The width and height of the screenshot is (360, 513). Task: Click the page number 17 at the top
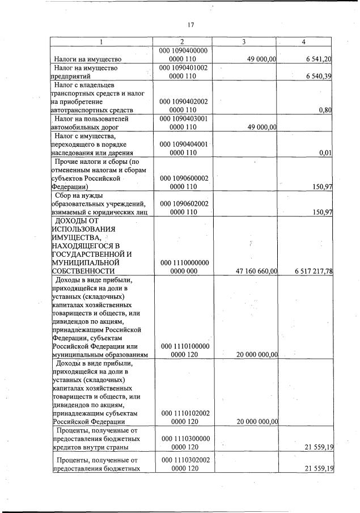point(190,24)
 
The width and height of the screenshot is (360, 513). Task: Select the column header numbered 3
point(243,41)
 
